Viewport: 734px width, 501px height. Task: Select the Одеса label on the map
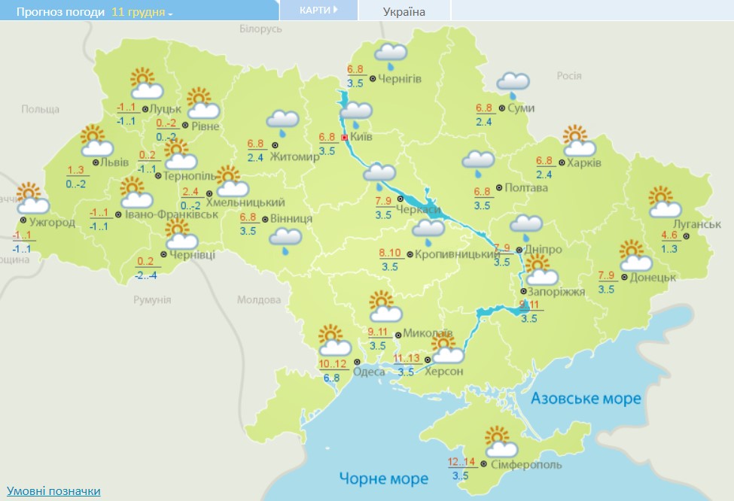(368, 372)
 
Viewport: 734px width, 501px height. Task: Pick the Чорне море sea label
(383, 478)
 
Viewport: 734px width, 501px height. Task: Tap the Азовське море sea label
(586, 398)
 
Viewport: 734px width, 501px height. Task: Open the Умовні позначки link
(53, 490)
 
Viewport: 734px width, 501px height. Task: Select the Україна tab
(404, 11)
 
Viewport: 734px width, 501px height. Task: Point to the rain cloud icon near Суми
(513, 83)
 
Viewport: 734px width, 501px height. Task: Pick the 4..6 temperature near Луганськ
(669, 235)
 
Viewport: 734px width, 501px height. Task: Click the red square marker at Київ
(345, 138)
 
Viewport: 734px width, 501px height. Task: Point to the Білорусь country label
(260, 29)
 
